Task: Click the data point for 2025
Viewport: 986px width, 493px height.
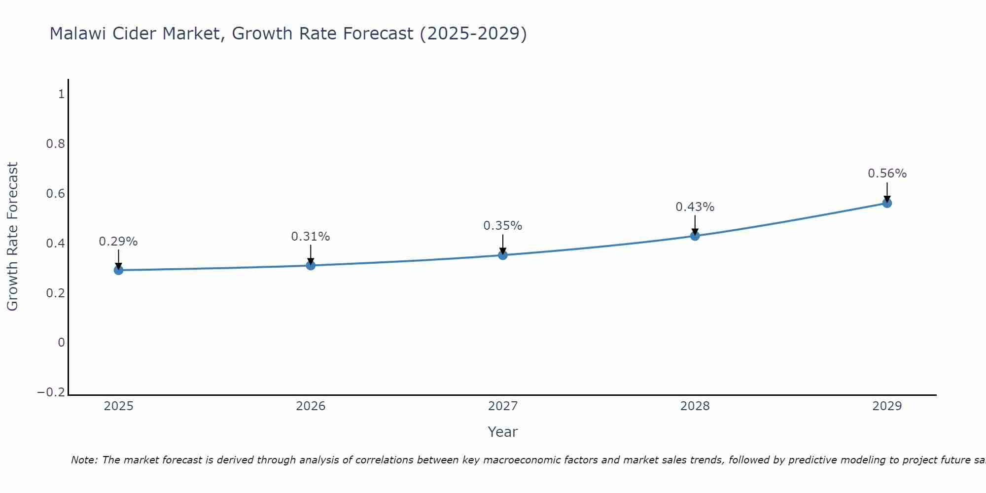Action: click(x=118, y=270)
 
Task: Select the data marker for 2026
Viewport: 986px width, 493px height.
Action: click(x=311, y=265)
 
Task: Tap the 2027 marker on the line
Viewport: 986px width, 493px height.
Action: click(x=503, y=255)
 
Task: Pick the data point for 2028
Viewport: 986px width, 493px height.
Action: click(x=695, y=236)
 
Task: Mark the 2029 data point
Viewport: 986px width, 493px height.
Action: click(x=887, y=203)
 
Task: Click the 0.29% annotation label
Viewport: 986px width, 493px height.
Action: click(x=118, y=242)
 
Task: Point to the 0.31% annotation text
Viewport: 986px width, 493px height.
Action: click(x=311, y=237)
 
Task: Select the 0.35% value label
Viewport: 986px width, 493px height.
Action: click(x=503, y=226)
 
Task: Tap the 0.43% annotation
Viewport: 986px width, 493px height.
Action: click(x=695, y=207)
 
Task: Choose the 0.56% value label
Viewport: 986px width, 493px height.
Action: click(x=887, y=174)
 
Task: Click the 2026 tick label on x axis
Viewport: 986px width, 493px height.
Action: click(x=311, y=406)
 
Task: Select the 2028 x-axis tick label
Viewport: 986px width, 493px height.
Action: click(x=695, y=406)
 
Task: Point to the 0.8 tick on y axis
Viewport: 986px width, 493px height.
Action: click(x=55, y=144)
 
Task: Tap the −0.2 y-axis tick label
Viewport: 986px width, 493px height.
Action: click(x=51, y=392)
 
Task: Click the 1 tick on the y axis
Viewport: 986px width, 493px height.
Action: click(x=61, y=94)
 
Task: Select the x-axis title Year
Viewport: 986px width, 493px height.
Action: click(x=502, y=432)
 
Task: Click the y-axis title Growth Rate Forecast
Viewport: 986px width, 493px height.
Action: click(x=12, y=237)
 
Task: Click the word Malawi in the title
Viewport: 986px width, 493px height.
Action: click(x=78, y=34)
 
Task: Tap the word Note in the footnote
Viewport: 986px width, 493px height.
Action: click(x=84, y=460)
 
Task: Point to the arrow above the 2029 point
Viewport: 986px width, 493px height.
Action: click(x=887, y=192)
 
